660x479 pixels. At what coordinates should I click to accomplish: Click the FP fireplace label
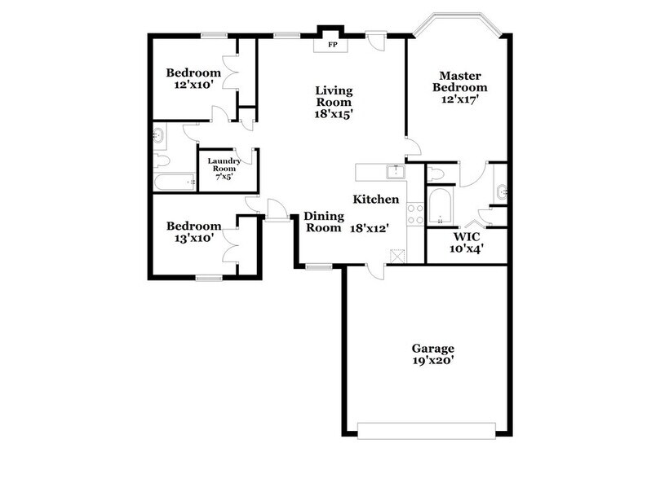332,45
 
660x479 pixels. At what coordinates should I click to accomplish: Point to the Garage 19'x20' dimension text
432,359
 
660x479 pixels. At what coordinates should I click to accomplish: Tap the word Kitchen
375,200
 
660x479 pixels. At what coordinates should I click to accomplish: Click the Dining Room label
322,222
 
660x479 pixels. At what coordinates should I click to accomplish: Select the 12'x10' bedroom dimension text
193,84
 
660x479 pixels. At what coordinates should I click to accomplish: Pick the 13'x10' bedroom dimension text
193,239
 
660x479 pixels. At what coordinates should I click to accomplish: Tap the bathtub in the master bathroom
441,207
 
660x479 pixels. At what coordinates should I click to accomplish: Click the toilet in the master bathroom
436,174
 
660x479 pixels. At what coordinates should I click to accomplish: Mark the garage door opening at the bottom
427,429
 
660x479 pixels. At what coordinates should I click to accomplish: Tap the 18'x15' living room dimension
334,115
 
